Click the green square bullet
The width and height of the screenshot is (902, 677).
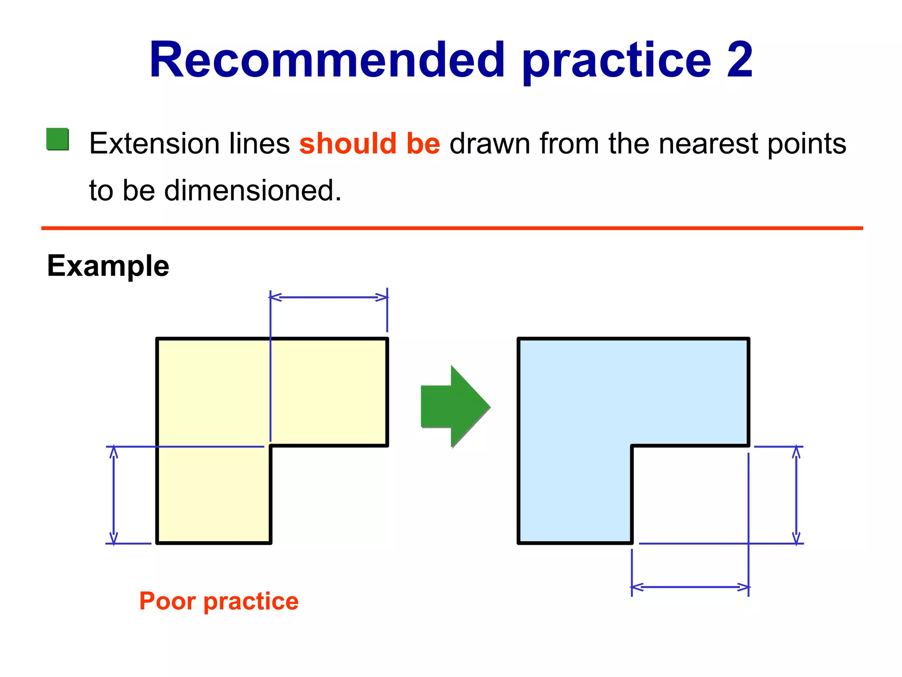pos(58,139)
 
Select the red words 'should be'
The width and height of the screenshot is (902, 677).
pos(370,144)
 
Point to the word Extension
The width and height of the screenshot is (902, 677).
pos(154,144)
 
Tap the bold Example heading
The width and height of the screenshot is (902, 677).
pos(108,266)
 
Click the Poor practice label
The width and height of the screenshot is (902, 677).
pos(219,601)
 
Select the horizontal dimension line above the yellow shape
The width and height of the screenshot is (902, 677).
pos(329,298)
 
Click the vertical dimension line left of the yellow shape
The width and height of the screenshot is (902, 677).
pos(114,495)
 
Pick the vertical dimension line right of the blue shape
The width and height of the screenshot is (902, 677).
pos(796,495)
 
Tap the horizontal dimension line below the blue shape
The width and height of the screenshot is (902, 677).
pos(690,587)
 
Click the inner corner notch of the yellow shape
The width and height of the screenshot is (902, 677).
pos(270,446)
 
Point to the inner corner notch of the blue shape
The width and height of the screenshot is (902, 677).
pos(632,446)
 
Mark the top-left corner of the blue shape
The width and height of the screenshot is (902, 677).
pos(519,339)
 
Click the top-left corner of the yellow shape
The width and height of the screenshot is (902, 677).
pos(157,339)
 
